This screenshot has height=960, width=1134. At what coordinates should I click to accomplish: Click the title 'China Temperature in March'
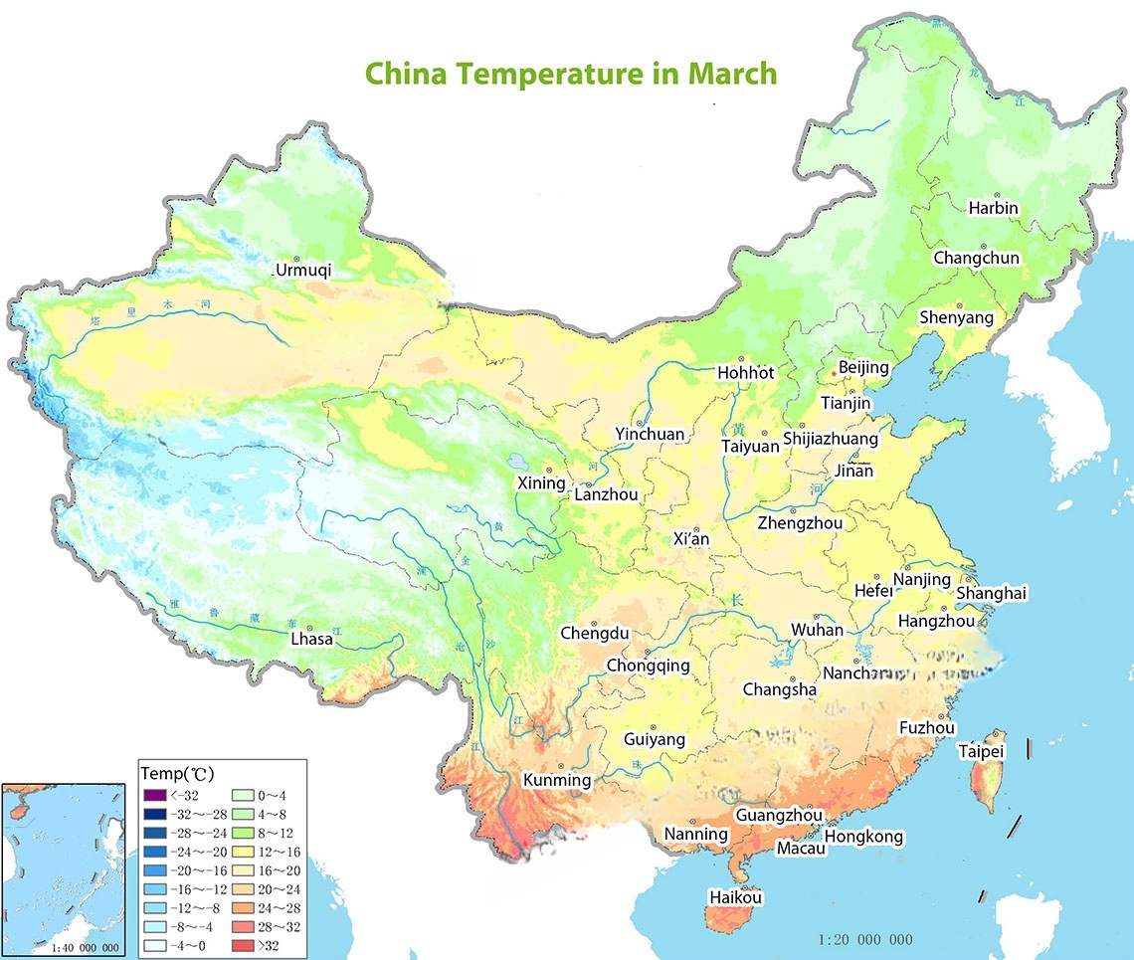pos(570,74)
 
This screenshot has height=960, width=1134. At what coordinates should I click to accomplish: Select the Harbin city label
pos(993,208)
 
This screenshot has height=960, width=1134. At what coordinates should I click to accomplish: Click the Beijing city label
pos(862,368)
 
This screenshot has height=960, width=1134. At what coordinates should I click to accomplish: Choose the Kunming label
pos(557,781)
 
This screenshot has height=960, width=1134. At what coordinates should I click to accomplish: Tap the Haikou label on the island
pos(735,897)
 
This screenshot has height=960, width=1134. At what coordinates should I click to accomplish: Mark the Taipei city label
pos(981,751)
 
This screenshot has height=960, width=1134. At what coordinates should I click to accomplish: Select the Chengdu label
pos(594,634)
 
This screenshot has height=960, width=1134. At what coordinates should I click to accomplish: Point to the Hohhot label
pos(745,373)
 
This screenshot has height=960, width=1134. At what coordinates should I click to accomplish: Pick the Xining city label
pos(540,482)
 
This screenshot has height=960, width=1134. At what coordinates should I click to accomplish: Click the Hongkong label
pos(863,836)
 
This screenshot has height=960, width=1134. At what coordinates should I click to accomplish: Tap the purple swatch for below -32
pos(153,795)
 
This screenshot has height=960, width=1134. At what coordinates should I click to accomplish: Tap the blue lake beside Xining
pos(517,463)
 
